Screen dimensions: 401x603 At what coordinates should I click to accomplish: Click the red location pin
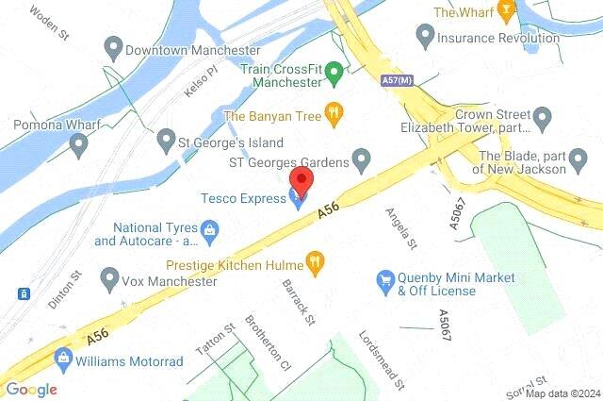(x=301, y=180)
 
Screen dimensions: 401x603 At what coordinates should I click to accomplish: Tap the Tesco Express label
(x=242, y=197)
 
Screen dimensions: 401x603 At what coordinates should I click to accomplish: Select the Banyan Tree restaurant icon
(x=333, y=115)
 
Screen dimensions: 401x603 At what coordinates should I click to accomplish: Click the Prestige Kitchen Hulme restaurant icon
(x=316, y=263)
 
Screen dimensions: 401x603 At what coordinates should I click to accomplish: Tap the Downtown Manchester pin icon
(x=112, y=46)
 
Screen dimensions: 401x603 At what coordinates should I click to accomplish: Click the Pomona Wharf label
(x=50, y=124)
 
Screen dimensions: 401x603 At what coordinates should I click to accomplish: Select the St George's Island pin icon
(x=166, y=141)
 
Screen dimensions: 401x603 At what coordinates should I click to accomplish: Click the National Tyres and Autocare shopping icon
(x=210, y=229)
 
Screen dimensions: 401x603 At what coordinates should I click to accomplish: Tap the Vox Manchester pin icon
(x=110, y=279)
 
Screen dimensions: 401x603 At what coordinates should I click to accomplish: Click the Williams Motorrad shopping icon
(x=64, y=358)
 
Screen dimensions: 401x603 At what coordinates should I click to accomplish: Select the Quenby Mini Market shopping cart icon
(x=383, y=280)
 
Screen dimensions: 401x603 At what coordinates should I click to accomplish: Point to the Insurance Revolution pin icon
(x=423, y=37)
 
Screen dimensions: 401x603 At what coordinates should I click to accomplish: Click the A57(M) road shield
(x=397, y=82)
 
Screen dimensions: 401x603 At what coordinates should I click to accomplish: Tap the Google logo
(x=30, y=389)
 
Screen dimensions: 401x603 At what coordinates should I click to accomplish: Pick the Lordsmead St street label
(x=381, y=359)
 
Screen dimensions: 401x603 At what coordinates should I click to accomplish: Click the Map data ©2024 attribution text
(x=562, y=393)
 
